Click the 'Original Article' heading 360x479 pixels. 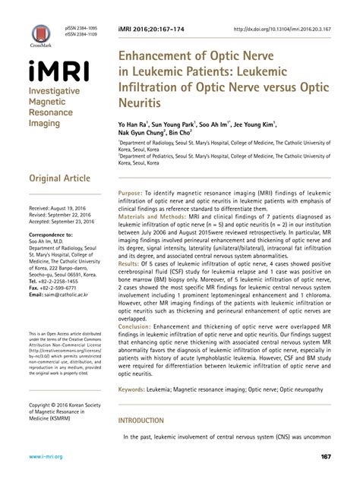pyautogui.click(x=58, y=179)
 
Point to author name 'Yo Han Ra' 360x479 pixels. pyautogui.click(x=134, y=122)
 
